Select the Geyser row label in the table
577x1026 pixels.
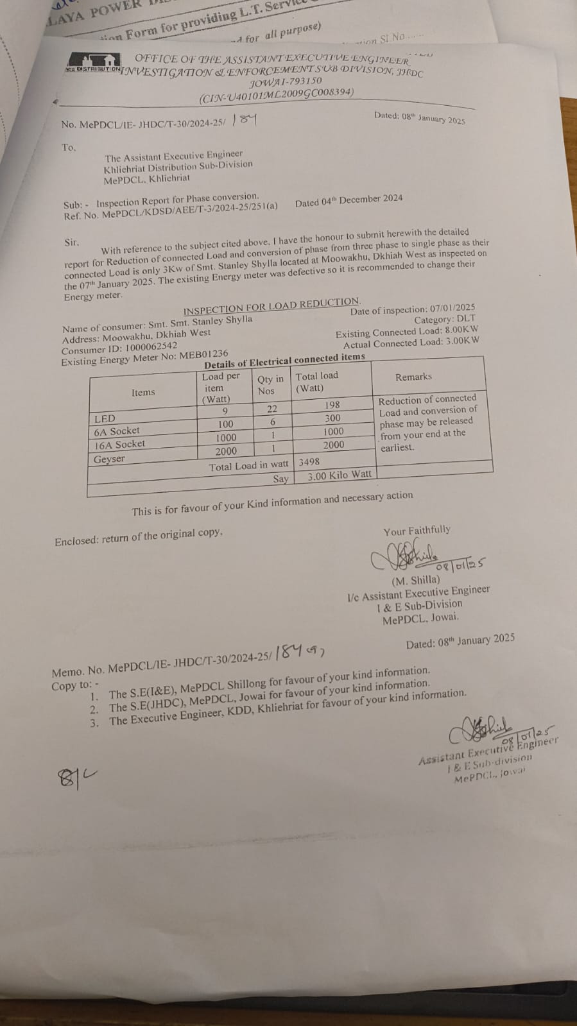[109, 459]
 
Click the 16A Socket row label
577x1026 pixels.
[119, 444]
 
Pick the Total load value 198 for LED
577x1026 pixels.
[332, 404]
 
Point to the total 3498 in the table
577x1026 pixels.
[309, 461]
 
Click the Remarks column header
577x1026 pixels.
[413, 377]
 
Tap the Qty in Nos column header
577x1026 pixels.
[270, 385]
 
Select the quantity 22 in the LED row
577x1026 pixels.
[272, 409]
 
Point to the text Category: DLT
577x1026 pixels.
[444, 320]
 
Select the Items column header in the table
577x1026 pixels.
[143, 393]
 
